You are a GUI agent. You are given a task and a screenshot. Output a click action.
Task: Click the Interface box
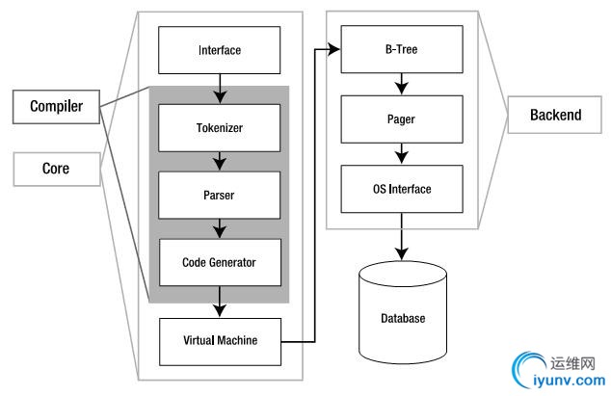click(x=220, y=49)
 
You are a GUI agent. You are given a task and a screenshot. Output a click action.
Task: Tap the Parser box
click(x=220, y=195)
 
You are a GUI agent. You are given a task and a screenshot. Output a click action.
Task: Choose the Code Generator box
click(x=220, y=261)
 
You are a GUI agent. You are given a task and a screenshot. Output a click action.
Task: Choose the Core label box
click(x=56, y=170)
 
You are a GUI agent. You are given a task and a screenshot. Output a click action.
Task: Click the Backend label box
click(x=556, y=116)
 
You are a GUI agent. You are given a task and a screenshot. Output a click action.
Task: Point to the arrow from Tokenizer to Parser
click(x=220, y=159)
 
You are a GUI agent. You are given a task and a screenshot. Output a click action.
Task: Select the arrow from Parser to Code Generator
click(x=220, y=228)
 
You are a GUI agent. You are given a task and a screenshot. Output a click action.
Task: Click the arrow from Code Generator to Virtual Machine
click(x=220, y=301)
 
